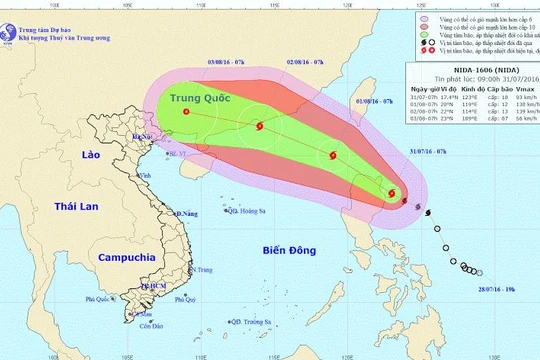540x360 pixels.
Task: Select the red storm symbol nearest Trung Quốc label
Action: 187,113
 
